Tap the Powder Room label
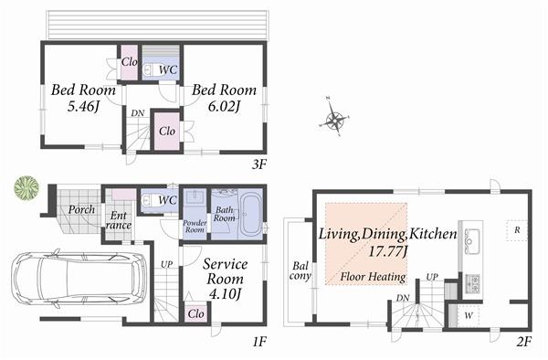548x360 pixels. tap(195, 222)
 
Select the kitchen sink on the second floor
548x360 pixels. tap(472, 241)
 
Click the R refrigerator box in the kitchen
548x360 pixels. tap(517, 228)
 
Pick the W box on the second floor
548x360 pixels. tap(469, 316)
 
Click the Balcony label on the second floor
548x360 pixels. tap(300, 272)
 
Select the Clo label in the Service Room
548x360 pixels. tap(195, 312)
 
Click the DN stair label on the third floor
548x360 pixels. tap(137, 113)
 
